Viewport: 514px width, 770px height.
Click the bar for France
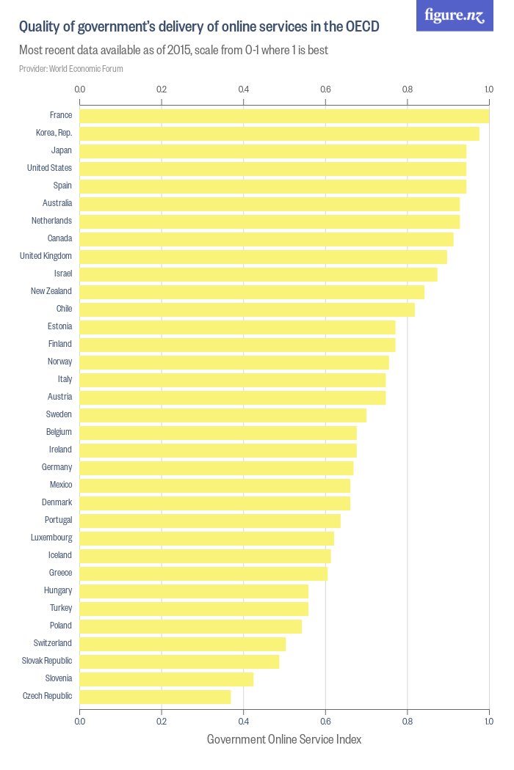284,116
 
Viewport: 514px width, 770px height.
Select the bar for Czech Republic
155,697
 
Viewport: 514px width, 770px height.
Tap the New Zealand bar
252,292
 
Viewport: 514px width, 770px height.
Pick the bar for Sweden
222,415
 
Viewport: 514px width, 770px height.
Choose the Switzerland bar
182,644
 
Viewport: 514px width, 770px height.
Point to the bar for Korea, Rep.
279,133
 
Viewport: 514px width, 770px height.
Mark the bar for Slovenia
166,679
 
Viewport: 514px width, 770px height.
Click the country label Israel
62,274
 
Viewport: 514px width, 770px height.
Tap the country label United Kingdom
46,256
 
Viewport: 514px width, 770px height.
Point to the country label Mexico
61,485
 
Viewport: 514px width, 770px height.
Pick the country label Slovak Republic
47,661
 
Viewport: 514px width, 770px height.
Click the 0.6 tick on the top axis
325,89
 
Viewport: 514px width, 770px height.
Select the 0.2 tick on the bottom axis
162,722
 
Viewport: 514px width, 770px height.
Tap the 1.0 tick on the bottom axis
488,722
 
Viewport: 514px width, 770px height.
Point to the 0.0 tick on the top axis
80,89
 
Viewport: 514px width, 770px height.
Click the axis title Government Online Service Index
284,739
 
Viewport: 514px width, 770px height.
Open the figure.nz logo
455,15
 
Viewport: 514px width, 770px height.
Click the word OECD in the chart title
362,27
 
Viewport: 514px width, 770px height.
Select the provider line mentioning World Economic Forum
71,69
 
